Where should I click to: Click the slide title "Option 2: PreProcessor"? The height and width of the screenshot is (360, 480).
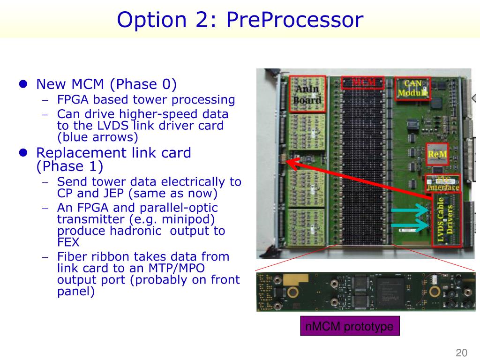coord(240,20)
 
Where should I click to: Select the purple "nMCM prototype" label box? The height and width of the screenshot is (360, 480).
coord(349,326)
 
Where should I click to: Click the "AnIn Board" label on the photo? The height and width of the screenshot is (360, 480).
coord(307,94)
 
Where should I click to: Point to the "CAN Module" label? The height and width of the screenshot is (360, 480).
coord(412,88)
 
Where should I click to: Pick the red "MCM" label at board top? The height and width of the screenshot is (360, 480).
coord(364,83)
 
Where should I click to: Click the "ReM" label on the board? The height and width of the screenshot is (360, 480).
coord(437,154)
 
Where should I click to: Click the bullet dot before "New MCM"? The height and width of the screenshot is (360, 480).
coord(22,84)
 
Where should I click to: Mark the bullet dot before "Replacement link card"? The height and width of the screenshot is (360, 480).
coord(22,153)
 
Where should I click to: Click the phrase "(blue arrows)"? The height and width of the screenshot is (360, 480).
coord(97,137)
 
